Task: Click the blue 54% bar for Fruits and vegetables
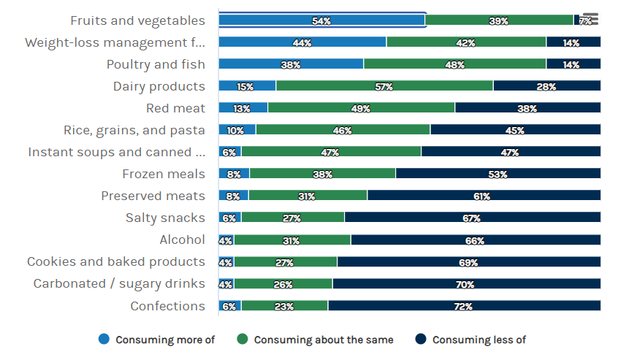321,20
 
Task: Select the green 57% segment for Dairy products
384,86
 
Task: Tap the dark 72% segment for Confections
464,306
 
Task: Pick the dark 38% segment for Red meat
527,108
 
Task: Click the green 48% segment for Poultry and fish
454,64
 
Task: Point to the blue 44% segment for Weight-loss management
302,42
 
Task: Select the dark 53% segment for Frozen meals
497,174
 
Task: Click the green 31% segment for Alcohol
292,240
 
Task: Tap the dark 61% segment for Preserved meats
484,196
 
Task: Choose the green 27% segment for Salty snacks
292,218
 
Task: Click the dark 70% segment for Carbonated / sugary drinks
466,284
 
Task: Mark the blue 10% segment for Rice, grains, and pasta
237,130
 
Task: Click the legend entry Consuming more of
157,340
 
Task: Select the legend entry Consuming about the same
316,340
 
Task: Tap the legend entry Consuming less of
471,340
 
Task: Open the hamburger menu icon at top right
590,19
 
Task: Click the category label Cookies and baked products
116,261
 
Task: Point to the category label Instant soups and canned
116,152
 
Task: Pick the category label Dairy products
159,86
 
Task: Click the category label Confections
167,306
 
